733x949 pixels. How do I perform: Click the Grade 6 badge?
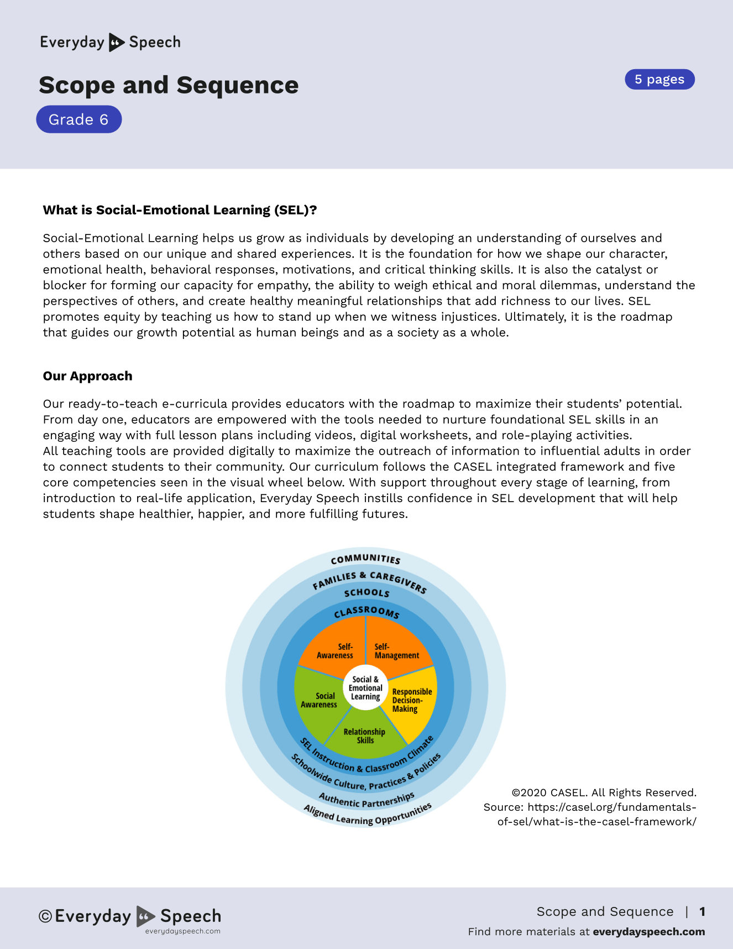pos(78,119)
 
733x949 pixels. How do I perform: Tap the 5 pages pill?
pos(659,80)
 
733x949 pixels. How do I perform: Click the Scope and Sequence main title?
pos(169,85)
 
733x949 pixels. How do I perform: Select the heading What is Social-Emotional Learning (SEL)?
pos(180,210)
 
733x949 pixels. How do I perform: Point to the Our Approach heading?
pos(87,376)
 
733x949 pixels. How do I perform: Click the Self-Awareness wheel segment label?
pos(335,651)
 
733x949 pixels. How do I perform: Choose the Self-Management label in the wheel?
pos(396,651)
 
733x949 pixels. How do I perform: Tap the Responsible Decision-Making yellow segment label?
pos(411,700)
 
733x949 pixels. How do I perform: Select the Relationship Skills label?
pos(364,736)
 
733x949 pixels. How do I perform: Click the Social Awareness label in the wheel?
pos(319,700)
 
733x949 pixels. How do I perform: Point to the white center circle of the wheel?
pos(365,688)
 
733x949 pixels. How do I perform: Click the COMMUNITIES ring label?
pos(365,559)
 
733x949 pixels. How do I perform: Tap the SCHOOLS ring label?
pos(366,593)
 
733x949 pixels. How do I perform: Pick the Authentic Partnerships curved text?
pos(366,800)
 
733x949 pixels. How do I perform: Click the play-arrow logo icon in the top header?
pos(116,43)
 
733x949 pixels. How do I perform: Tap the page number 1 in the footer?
pos(702,911)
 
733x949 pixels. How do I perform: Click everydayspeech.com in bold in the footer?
pos(648,932)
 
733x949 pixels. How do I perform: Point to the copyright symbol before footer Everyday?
pos(45,916)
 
